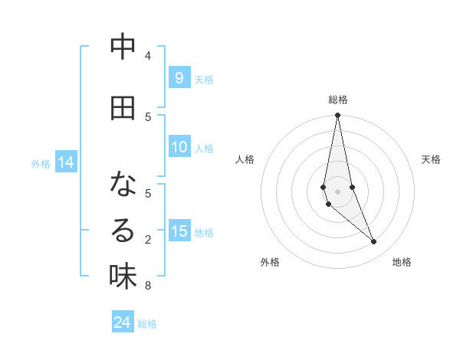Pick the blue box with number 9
tap(179, 77)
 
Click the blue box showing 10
tap(179, 147)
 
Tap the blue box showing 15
tap(179, 231)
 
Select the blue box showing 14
tap(66, 162)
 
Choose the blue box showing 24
tap(123, 322)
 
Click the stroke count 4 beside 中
tap(148, 56)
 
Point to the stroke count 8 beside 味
tap(148, 286)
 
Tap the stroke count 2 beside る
tap(148, 240)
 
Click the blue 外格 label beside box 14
tap(41, 163)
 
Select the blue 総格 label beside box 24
tap(147, 324)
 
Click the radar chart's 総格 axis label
tap(338, 100)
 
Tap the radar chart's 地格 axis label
tap(402, 262)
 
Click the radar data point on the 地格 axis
tap(374, 242)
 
